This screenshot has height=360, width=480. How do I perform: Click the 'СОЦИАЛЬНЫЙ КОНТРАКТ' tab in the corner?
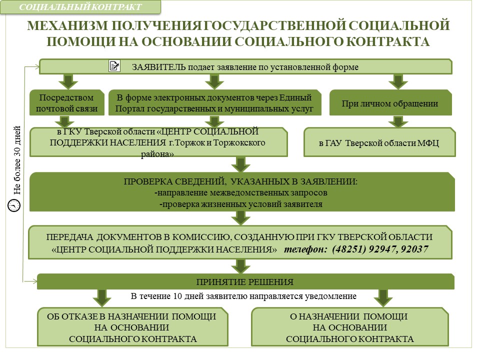(x=80, y=7)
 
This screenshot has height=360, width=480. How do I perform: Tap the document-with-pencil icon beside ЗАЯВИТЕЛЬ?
(x=114, y=66)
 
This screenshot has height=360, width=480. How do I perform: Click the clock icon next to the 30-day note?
(x=14, y=205)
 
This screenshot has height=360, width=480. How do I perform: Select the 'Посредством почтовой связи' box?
(x=66, y=103)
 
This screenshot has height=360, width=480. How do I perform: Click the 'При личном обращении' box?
(x=390, y=103)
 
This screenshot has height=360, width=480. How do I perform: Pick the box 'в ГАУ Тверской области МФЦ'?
(x=379, y=142)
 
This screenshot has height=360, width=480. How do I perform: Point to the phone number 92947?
(x=382, y=249)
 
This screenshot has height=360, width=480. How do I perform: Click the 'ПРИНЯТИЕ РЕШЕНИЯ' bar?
(x=245, y=281)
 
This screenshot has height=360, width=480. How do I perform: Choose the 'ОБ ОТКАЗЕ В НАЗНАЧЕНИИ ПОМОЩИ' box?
(x=132, y=327)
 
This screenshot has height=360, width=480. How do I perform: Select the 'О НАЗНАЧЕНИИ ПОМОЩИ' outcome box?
(x=349, y=327)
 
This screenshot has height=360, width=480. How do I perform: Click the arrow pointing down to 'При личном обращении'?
(x=398, y=81)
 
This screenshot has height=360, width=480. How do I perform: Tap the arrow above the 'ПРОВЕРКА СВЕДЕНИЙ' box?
(x=241, y=164)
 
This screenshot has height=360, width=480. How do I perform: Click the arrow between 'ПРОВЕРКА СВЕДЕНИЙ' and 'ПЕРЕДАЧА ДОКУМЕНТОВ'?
(x=241, y=218)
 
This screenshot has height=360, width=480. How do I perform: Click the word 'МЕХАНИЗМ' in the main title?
(x=67, y=25)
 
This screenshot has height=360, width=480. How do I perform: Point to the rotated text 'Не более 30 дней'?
(x=17, y=160)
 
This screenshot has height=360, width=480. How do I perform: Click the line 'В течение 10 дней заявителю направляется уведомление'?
(x=243, y=296)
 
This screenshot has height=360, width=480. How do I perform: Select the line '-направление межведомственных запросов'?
(x=241, y=193)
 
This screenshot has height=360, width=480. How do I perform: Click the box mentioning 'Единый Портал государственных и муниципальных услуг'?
(x=215, y=103)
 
